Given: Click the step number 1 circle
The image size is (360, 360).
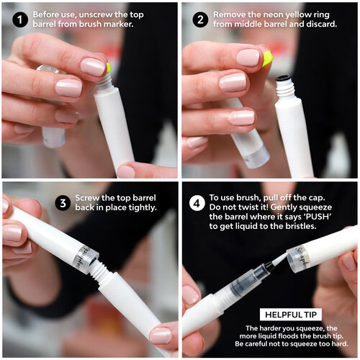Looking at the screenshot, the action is [x=20, y=19].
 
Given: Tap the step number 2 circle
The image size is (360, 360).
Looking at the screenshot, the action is [x=200, y=19].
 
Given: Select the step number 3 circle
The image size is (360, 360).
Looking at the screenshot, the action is [x=63, y=203].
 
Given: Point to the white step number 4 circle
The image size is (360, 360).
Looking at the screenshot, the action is [x=197, y=203].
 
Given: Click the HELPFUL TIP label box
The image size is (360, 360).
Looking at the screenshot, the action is [x=291, y=315].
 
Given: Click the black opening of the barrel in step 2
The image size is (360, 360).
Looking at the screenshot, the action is [x=284, y=78].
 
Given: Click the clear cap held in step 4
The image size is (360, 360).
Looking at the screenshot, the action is [x=297, y=260].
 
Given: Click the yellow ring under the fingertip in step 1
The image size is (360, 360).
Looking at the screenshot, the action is [x=109, y=68].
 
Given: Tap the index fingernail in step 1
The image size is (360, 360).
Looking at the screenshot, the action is [x=92, y=67].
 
